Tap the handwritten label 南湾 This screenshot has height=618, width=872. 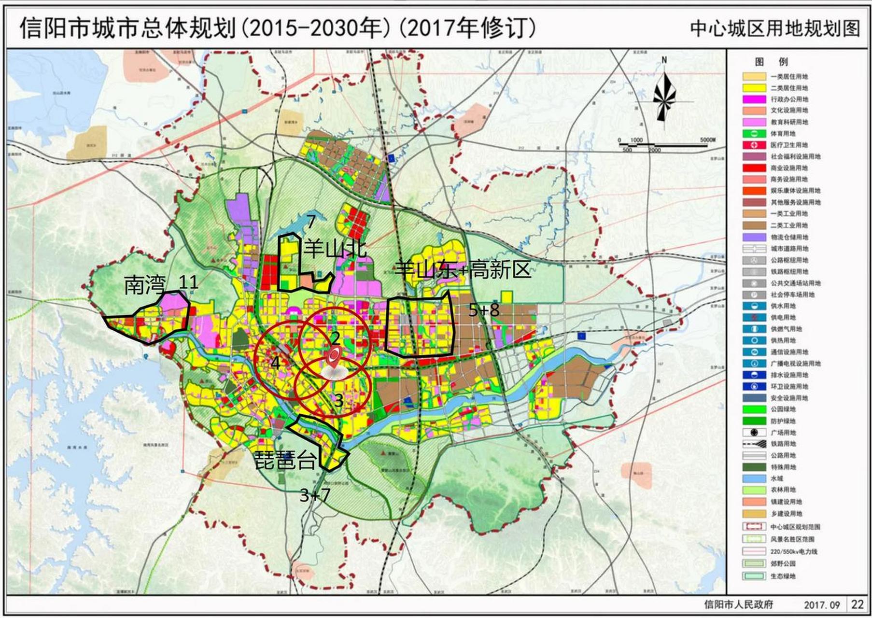click(x=144, y=285)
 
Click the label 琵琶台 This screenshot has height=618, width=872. click(x=285, y=460)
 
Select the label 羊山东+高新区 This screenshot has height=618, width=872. click(x=463, y=268)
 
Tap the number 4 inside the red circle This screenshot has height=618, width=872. click(x=275, y=362)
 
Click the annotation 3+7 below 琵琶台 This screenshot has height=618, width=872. click(x=315, y=495)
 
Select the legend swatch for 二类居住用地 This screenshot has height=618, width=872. click(x=754, y=88)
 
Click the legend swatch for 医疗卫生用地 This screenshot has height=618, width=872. click(x=754, y=145)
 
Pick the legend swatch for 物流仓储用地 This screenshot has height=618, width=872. click(x=754, y=237)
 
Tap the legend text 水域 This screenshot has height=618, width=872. click(x=777, y=478)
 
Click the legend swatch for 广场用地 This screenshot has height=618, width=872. click(x=754, y=433)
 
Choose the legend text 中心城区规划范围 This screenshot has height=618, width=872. click(x=795, y=527)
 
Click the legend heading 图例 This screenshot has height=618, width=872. click(x=771, y=62)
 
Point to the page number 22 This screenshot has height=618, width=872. click(x=858, y=604)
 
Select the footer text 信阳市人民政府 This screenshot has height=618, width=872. click(x=738, y=604)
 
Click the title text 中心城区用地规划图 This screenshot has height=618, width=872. click(x=775, y=29)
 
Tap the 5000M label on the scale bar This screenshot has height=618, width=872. click(x=707, y=140)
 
